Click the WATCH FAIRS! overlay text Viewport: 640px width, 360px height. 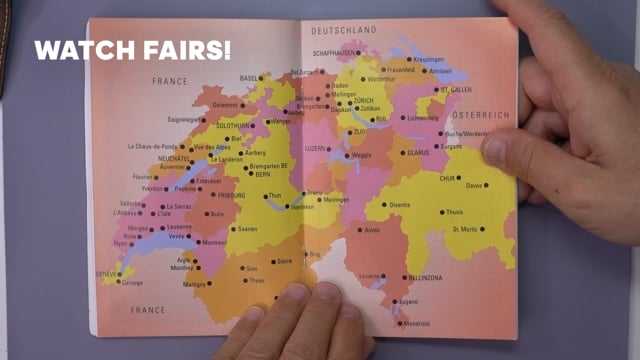132,48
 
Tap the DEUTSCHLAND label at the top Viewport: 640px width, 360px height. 343,31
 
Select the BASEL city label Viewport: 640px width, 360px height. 249,77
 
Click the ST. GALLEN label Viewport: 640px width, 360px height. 458,89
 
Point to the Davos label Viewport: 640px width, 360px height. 477,185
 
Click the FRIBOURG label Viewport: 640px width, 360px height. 231,195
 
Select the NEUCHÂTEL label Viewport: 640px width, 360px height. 174,158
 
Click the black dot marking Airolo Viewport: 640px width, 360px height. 358,229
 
